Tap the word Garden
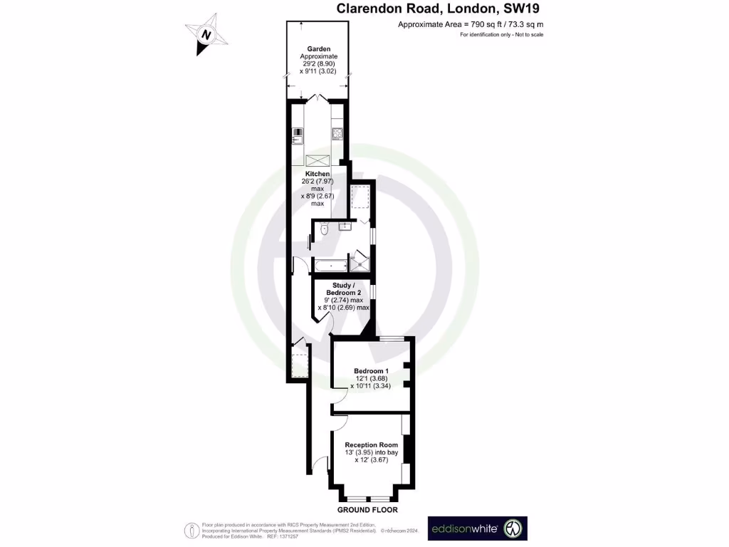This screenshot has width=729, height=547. tap(318, 49)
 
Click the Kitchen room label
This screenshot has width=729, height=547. tap(318, 174)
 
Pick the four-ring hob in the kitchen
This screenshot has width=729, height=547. tap(338, 133)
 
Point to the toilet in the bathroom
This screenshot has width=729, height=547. tap(324, 229)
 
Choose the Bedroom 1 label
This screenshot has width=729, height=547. tap(372, 371)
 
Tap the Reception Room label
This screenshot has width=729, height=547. tap(371, 445)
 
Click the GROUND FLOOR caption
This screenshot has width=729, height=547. tap(367, 510)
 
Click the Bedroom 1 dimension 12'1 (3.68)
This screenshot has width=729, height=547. tap(372, 379)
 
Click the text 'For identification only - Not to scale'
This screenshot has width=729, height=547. tap(501, 34)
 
